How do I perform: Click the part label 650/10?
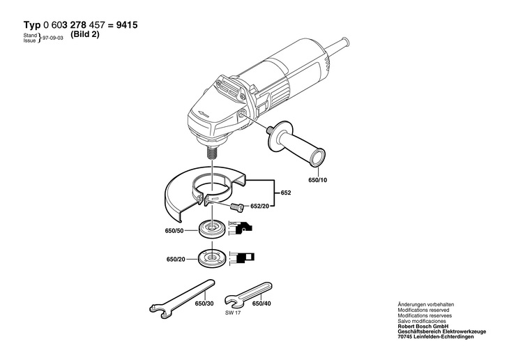pos(316,179)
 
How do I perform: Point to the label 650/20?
pos(176,260)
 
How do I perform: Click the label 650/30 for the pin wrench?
pos(204,304)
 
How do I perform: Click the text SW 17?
pos(233,313)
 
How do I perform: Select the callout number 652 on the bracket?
pos(286,192)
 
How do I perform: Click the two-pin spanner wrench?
pos(181,294)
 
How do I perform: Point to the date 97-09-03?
pos(54,40)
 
